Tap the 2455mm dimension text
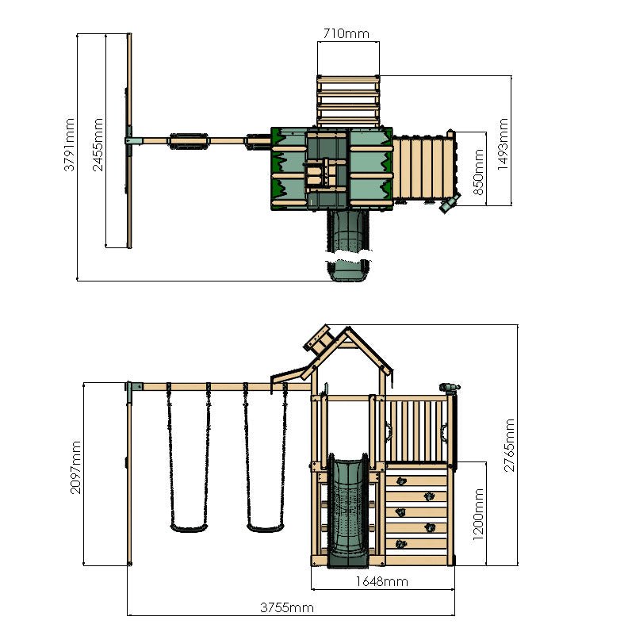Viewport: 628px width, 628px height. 98,145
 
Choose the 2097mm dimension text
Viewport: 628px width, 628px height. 76,469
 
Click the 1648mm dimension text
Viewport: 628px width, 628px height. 381,581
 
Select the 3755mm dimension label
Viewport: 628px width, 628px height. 287,608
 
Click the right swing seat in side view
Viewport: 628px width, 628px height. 264,526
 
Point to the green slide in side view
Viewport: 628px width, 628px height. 348,507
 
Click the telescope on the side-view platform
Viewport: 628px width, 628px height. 449,387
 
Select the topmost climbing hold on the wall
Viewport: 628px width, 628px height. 400,480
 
